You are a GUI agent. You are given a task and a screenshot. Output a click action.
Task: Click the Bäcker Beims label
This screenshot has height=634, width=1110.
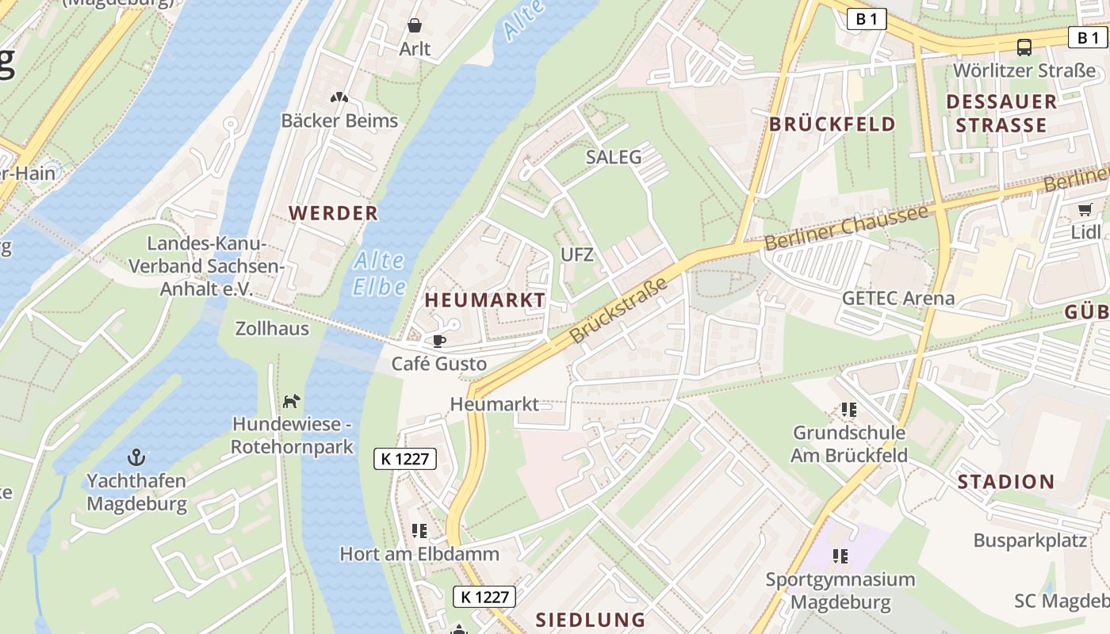[339, 121]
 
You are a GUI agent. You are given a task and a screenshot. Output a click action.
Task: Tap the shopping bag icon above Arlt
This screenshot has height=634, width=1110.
[414, 26]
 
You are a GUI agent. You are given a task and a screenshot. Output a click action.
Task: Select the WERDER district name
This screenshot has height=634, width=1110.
[333, 213]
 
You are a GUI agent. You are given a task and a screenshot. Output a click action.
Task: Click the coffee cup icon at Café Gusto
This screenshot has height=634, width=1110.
[438, 342]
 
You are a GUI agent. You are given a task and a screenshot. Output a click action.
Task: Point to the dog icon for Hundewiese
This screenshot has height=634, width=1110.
[292, 402]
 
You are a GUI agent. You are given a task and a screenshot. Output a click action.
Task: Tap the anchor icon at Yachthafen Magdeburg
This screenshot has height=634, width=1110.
[136, 457]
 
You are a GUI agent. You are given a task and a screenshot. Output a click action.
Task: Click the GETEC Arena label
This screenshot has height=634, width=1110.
[898, 299]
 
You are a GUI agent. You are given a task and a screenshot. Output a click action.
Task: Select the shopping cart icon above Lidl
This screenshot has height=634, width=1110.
[1085, 210]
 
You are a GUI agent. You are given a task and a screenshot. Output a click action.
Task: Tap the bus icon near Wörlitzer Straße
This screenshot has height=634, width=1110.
[1024, 48]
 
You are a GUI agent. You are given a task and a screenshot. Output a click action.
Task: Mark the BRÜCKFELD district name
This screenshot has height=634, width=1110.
[832, 124]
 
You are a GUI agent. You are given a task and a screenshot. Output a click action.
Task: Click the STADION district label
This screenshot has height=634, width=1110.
[1005, 482]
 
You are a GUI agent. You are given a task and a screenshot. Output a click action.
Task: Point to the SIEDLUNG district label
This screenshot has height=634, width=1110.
[590, 620]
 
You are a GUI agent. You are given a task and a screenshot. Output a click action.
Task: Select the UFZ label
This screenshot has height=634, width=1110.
[576, 255]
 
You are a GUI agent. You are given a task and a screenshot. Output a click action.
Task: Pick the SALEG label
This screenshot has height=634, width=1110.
[613, 157]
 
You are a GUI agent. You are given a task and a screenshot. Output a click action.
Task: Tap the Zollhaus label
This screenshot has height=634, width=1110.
[272, 328]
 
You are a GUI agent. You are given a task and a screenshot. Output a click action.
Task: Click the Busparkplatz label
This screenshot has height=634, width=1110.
[1029, 540]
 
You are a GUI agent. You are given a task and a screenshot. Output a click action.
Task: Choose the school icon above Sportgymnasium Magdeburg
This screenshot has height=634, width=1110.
[840, 556]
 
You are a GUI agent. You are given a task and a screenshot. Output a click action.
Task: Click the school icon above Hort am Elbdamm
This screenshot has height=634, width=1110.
[419, 530]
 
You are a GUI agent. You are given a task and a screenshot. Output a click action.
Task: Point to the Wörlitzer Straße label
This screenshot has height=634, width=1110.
[1024, 71]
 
